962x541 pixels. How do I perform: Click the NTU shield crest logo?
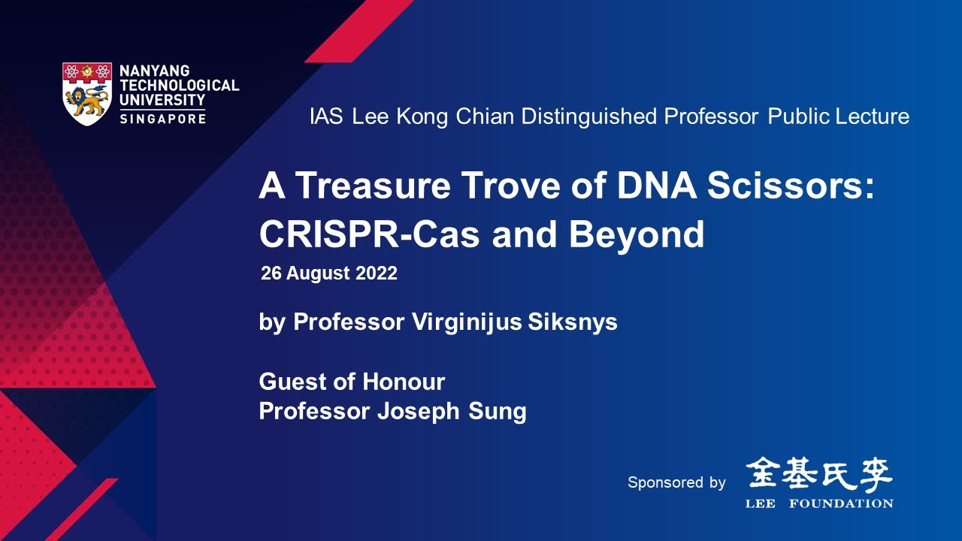(88, 93)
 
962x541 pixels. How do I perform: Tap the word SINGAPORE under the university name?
(162, 119)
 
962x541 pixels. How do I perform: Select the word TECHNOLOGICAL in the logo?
(179, 85)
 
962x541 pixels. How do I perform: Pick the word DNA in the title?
(651, 186)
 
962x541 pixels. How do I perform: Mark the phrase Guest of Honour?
(352, 382)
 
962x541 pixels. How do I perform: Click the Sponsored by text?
(676, 482)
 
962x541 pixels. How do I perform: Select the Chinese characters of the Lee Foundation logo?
(819, 473)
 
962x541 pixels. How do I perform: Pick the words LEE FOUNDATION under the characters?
(819, 503)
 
